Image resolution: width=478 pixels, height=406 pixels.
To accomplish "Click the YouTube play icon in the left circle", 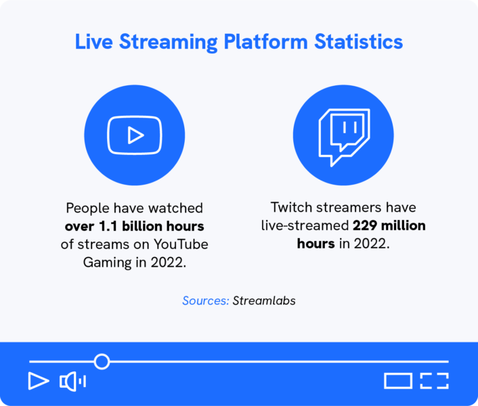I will click(x=135, y=136).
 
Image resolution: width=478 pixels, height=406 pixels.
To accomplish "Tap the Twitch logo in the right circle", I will click(x=344, y=135).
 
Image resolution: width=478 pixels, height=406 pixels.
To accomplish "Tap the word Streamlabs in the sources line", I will click(x=264, y=300).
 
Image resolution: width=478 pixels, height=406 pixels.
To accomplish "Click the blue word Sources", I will click(x=206, y=300).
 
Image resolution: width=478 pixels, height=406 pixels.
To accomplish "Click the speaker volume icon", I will click(x=72, y=382).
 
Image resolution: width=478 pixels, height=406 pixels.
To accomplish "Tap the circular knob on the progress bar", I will click(x=102, y=361).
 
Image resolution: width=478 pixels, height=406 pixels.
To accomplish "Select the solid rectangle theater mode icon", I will click(x=398, y=381).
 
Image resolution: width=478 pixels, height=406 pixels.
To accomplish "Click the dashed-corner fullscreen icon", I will click(x=435, y=381).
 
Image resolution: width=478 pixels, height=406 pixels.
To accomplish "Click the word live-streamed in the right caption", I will click(x=305, y=225).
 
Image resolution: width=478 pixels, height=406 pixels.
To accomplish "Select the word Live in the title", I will click(x=94, y=42).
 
